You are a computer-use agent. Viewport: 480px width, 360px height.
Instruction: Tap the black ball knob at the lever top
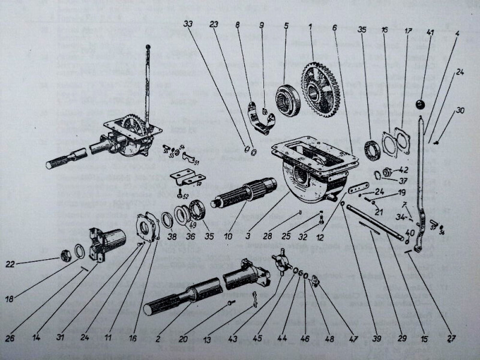421,106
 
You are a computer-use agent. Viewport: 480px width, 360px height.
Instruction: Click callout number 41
429,31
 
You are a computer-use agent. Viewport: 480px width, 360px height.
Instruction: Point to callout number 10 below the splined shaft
229,237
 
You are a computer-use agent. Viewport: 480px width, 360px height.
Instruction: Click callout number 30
460,110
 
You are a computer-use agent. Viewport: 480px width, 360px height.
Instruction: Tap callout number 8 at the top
238,26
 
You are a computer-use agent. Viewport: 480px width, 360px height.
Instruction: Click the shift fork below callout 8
259,117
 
